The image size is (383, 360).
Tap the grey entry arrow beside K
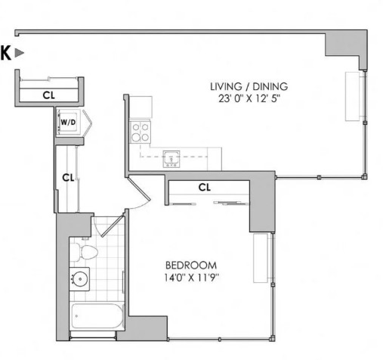click(x=20, y=53)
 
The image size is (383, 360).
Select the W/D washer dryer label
click(x=68, y=123)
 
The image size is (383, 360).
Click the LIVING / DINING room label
click(x=249, y=86)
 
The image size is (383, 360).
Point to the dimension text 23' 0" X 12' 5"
click(x=249, y=98)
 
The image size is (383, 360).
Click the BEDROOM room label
click(x=191, y=265)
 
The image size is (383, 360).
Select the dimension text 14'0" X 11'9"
click(x=191, y=278)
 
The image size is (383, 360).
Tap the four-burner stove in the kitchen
click(x=141, y=132)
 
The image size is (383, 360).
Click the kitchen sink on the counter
click(x=171, y=159)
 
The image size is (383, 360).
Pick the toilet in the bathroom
click(x=84, y=251)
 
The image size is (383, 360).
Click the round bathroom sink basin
click(x=80, y=279)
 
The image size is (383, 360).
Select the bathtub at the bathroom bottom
click(x=97, y=316)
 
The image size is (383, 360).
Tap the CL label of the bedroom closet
click(x=205, y=188)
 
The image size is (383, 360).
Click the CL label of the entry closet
click(x=49, y=95)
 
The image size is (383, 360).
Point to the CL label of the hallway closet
click(x=68, y=178)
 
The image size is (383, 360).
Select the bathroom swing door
click(x=111, y=225)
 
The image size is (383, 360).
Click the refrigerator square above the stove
click(x=141, y=107)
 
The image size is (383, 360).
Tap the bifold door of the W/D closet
click(x=87, y=123)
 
